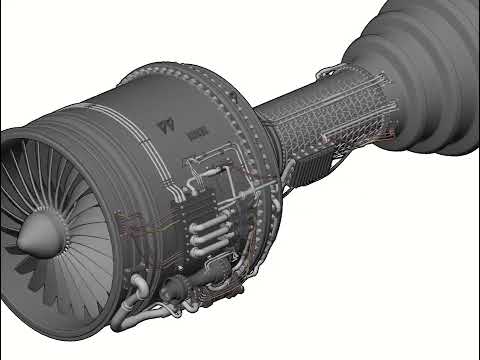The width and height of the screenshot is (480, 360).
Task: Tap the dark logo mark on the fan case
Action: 164,127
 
